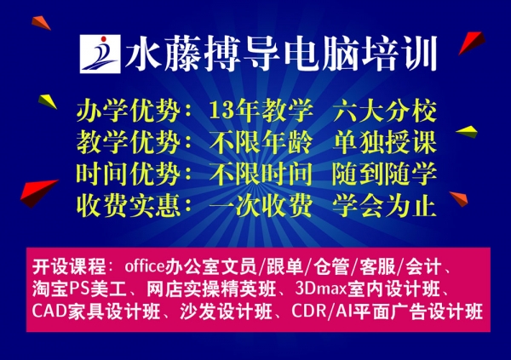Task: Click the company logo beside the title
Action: click(100, 54)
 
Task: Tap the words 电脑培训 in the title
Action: click(360, 54)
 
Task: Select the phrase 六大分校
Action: click(385, 110)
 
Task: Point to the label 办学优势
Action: click(128, 110)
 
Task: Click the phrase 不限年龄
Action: click(261, 142)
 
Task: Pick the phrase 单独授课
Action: click(385, 142)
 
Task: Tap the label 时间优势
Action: click(128, 174)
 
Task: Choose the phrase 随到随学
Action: click(385, 174)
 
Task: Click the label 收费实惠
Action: click(128, 205)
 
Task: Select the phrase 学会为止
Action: click(385, 205)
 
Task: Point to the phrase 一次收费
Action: click(261, 205)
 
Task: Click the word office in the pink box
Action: click(145, 266)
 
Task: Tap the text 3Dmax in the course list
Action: click(321, 289)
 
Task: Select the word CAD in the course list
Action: click(49, 311)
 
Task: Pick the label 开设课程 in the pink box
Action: click(69, 267)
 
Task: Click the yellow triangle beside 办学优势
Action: click(48, 101)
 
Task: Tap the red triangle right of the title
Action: click(472, 43)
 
